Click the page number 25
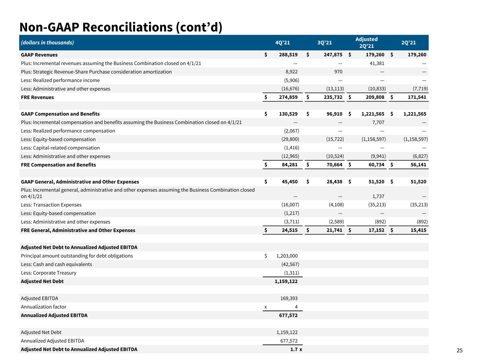coord(460,351)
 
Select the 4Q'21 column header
coord(282,43)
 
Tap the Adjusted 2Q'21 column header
coord(366,43)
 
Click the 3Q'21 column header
coord(325,43)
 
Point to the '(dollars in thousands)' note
coord(47,43)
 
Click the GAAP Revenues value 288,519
coord(288,54)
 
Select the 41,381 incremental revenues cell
coord(377,63)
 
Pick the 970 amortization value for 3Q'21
coord(338,72)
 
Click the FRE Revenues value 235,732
coord(333,97)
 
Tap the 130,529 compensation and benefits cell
coord(288,114)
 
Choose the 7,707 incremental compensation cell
coord(378,122)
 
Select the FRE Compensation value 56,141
coord(418,165)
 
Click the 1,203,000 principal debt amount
coord(287,256)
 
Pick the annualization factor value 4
coord(296,307)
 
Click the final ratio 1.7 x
coord(296,349)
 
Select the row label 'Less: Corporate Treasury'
coord(49,273)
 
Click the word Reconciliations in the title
coord(128,27)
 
